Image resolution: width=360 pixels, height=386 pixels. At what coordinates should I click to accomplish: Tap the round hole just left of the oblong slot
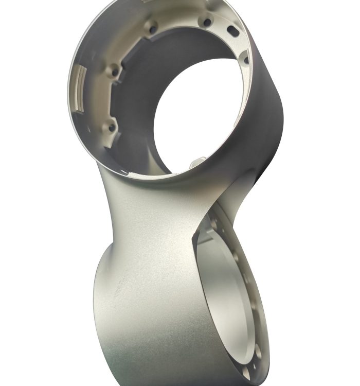coord(207,22)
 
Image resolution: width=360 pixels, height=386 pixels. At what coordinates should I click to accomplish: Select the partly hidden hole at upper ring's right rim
coord(246,60)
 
